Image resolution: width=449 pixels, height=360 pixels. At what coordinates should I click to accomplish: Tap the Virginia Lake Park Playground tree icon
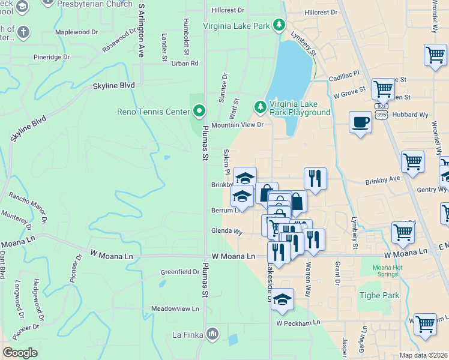tap(260, 107)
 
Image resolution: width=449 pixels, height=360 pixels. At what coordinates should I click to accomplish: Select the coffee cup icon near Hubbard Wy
tap(360, 122)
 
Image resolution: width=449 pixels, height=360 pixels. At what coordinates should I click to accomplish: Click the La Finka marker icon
tap(212, 333)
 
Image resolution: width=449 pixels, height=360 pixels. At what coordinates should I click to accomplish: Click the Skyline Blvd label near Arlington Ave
tap(113, 86)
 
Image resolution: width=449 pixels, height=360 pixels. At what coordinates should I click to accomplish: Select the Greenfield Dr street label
tap(179, 272)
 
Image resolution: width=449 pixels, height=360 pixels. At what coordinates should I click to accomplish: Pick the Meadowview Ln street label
tap(175, 308)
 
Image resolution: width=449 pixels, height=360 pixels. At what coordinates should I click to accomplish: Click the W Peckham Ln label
tap(298, 323)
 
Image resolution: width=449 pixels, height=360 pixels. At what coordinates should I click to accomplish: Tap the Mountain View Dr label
tap(237, 125)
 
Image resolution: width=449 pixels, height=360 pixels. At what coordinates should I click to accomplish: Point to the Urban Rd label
tap(184, 63)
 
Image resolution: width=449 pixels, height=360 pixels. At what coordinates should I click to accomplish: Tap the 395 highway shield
tap(382, 114)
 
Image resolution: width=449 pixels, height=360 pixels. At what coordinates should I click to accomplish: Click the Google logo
tap(20, 353)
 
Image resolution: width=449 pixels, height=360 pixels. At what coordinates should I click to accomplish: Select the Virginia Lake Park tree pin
tap(278, 25)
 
